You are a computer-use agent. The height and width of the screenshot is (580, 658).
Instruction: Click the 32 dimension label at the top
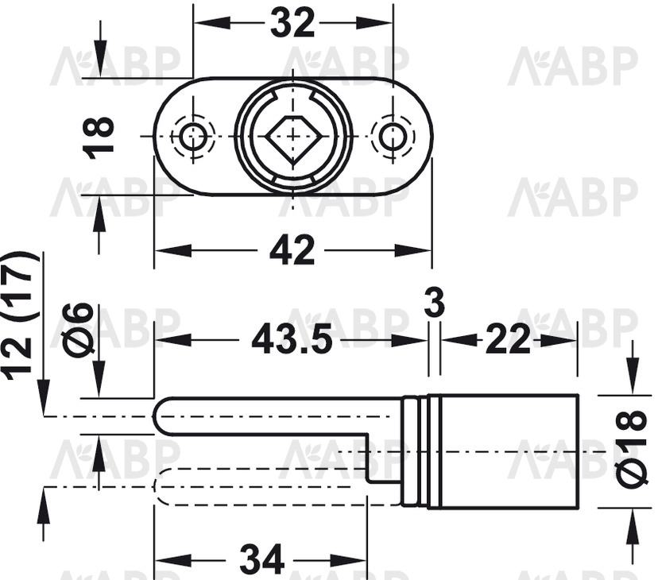292,23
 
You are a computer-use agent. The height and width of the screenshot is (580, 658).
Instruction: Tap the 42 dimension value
292,250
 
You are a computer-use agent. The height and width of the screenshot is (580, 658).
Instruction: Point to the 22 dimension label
508,339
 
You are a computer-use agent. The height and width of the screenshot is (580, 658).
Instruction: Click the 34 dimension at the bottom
262,559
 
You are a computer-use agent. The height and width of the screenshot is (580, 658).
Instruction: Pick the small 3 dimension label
435,304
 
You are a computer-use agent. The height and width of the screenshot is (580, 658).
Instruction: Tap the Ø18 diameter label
631,450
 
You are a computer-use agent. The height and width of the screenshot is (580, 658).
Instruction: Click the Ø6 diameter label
77,325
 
